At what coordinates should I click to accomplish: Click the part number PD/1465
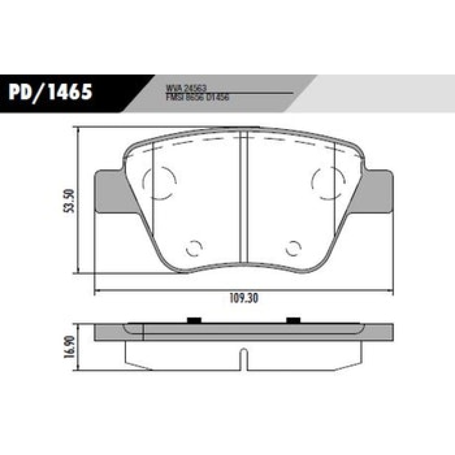pyautogui.click(x=50, y=92)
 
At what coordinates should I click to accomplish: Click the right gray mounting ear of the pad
pyautogui.click(x=378, y=191)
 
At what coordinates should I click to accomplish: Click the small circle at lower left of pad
pyautogui.click(x=194, y=248)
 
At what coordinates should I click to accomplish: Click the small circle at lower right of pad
pyautogui.click(x=293, y=248)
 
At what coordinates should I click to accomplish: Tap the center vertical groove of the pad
pyautogui.click(x=243, y=199)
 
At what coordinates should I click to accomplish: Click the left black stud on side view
pyautogui.click(x=194, y=321)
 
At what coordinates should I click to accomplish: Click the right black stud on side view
pyautogui.click(x=293, y=321)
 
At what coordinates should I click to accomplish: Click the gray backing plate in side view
pyautogui.click(x=243, y=332)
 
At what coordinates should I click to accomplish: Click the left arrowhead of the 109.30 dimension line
pyautogui.click(x=96, y=292)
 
